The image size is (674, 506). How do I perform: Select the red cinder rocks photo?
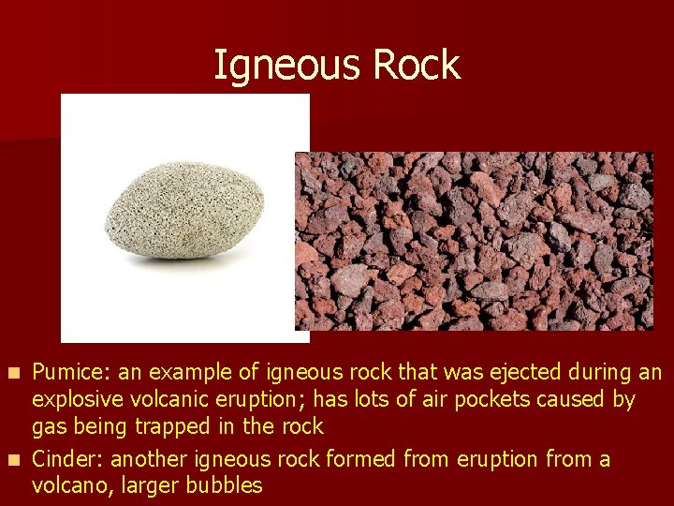(474, 241)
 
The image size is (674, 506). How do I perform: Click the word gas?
(49, 427)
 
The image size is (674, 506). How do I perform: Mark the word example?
(187, 373)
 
